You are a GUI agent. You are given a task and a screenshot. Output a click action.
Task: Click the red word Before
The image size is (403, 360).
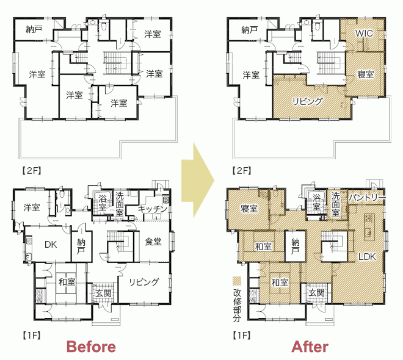coord(91,347)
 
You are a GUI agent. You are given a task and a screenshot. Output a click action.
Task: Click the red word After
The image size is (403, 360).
coord(310,347)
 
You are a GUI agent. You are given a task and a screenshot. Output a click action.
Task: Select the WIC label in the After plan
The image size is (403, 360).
coord(364,33)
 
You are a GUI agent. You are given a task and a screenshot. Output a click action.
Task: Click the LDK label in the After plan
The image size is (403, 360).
coord(367,256)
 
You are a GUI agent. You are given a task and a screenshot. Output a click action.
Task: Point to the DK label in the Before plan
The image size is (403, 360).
coord(51,245)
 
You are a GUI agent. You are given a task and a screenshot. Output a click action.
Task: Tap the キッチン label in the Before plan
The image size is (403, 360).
coord(153,209)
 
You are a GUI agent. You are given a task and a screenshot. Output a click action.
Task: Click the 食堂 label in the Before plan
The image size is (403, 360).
coord(153,242)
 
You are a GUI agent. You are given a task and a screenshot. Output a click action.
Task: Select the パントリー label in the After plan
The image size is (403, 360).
coord(367,197)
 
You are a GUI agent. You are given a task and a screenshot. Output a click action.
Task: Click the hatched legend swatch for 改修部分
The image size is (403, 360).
coord(237,281)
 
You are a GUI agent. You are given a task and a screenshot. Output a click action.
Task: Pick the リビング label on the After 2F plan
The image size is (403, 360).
coord(307,101)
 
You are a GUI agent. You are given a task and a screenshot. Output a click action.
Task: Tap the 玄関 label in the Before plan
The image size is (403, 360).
coord(104,293)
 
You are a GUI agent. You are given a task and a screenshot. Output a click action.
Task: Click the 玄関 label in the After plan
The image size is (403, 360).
coord(317,292)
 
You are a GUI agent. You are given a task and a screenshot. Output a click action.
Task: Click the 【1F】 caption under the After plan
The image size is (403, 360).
coord(242,335)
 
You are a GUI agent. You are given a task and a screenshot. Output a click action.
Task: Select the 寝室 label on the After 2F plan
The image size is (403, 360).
coord(366,74)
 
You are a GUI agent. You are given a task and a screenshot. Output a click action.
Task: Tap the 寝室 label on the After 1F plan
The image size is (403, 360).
coord(249,208)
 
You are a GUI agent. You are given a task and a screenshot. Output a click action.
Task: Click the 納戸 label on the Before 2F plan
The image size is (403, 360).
coord(34,29)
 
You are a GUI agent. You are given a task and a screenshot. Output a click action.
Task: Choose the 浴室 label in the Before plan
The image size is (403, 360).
coord(103,202)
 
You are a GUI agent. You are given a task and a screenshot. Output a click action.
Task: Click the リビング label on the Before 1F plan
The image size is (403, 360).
coord(144,282)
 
